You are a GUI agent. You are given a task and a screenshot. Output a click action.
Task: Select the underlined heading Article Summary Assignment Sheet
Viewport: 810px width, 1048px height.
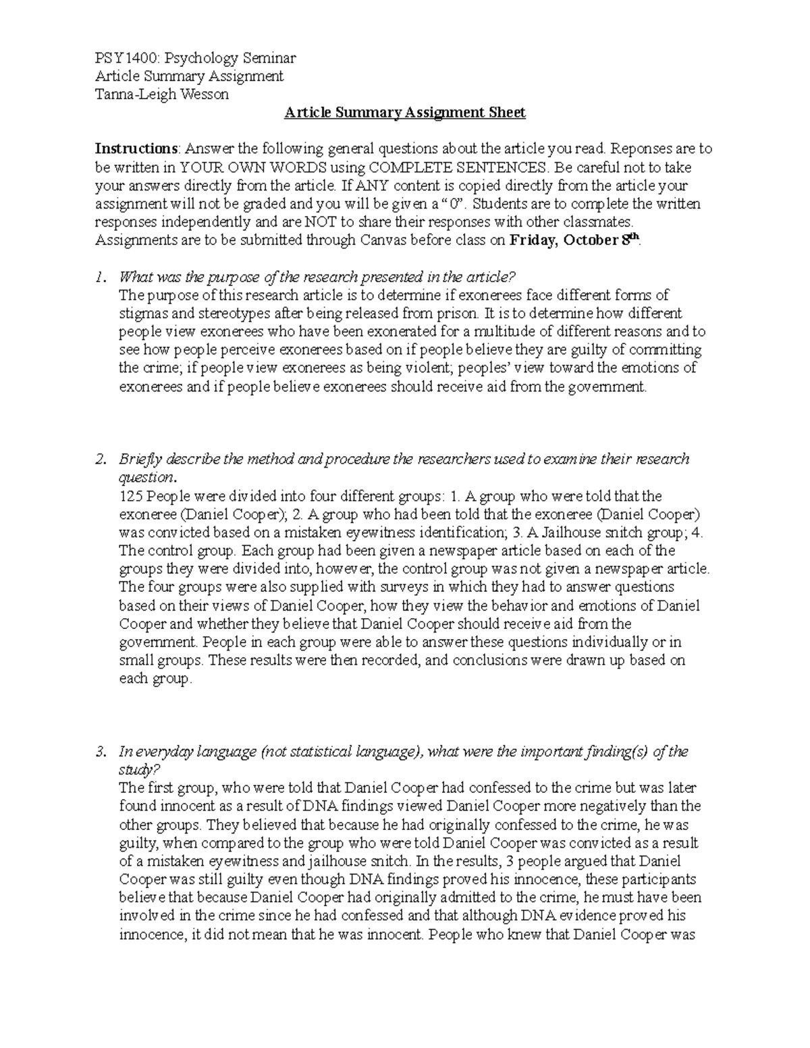point(404,113)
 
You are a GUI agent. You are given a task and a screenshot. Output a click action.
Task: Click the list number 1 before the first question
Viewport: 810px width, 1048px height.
point(100,277)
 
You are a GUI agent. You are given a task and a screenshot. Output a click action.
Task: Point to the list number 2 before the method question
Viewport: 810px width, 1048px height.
point(101,460)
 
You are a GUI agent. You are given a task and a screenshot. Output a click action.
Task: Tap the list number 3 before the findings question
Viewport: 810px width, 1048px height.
point(101,752)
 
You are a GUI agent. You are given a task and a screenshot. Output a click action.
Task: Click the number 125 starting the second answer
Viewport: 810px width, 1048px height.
point(131,497)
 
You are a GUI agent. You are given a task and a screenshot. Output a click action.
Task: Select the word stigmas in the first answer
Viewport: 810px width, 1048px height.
point(141,313)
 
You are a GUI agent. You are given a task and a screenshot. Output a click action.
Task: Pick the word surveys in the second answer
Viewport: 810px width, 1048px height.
point(409,587)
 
